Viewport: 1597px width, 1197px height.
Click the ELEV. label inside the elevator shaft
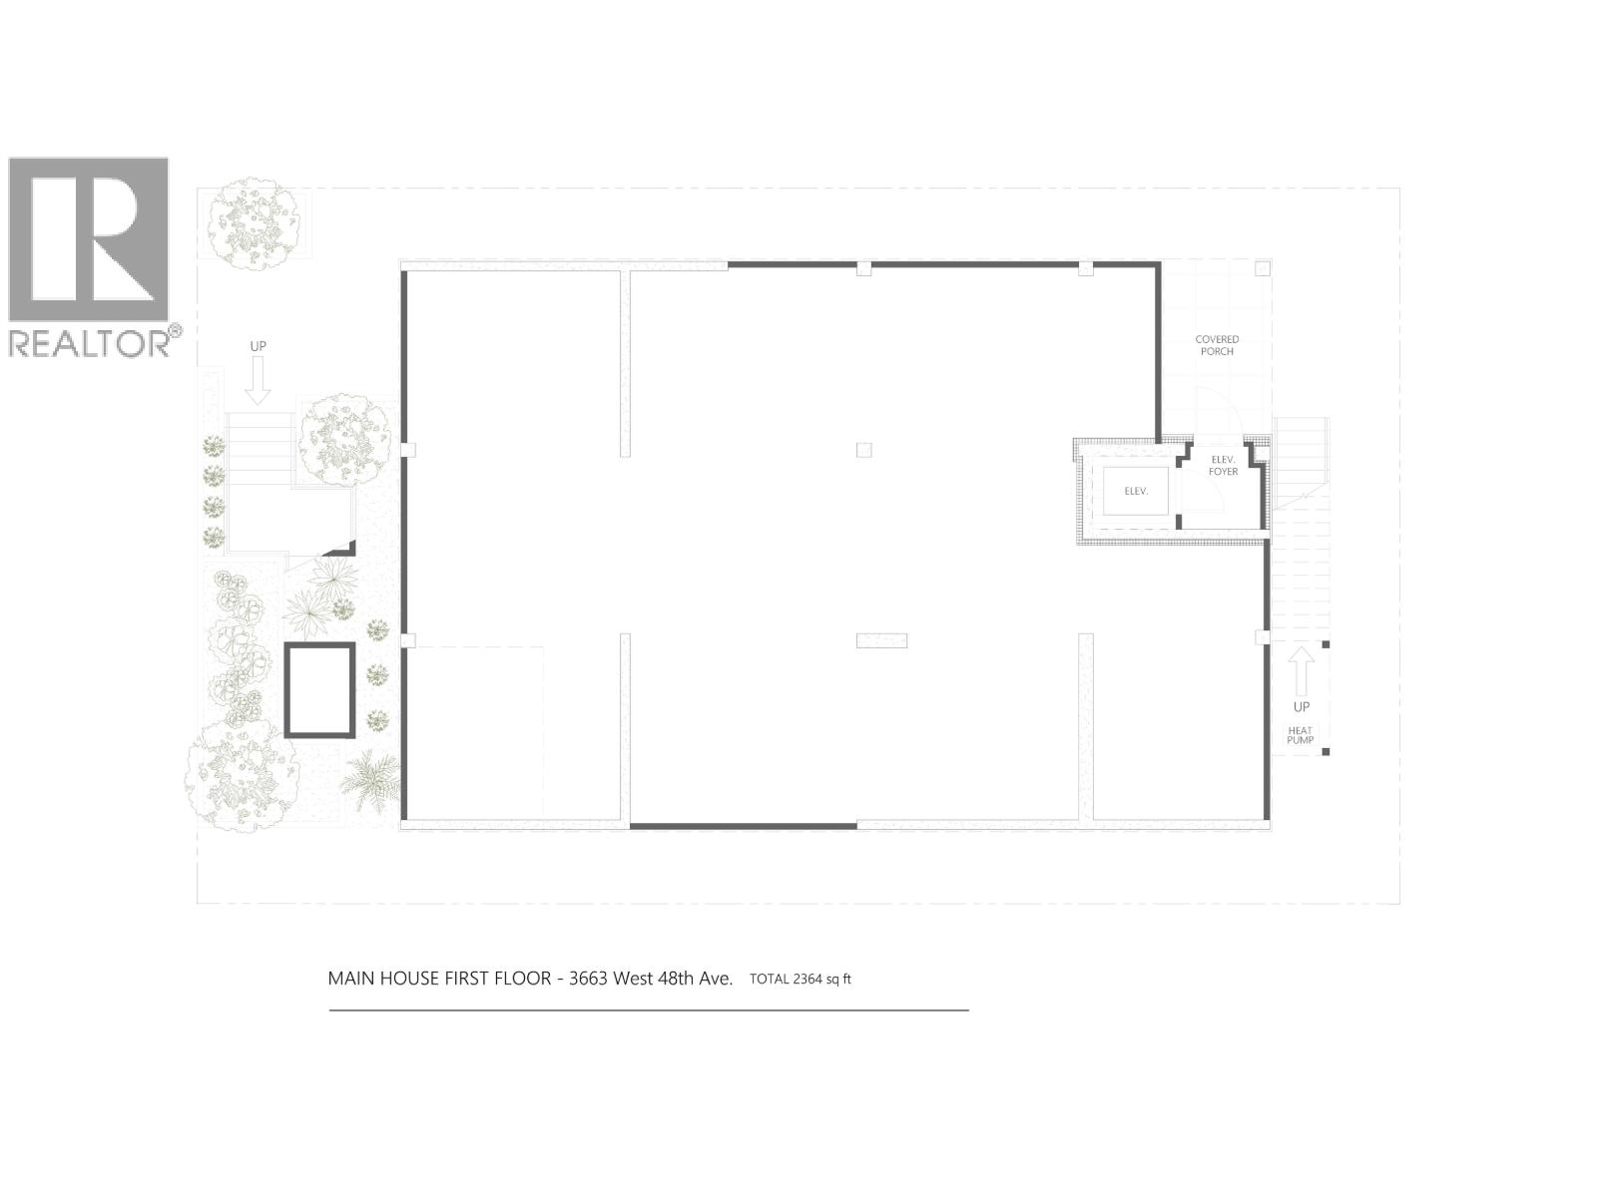tap(1136, 491)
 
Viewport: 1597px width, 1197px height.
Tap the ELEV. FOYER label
tap(1223, 465)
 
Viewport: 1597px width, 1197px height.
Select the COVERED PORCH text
tap(1217, 345)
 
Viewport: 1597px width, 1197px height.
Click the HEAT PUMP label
tap(1300, 735)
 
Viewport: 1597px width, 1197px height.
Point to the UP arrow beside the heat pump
tap(1301, 671)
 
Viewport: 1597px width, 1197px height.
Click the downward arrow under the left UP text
tap(258, 380)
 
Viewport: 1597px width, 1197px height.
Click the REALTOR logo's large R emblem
tap(89, 239)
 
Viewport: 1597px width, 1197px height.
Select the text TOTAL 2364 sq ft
tap(799, 979)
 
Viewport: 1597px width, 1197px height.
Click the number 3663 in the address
tap(588, 978)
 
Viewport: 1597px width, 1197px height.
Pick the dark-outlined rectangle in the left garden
tap(319, 690)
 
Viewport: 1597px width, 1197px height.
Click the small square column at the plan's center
tap(863, 450)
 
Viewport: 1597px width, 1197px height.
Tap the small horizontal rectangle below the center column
tap(881, 640)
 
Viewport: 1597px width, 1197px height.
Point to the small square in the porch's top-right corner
tap(1262, 268)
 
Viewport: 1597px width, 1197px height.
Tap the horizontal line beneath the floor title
tap(649, 1010)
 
